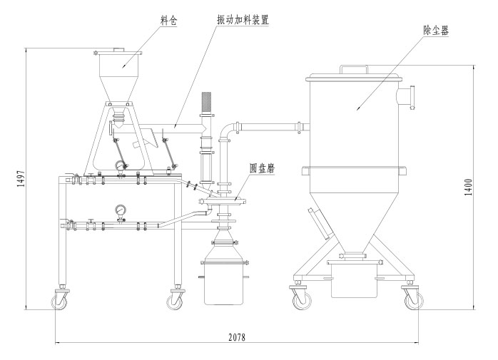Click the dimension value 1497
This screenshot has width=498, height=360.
tap(19, 180)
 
